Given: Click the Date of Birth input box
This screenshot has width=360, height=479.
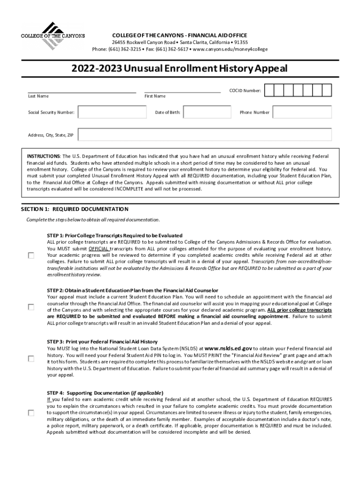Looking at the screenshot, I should [207, 112].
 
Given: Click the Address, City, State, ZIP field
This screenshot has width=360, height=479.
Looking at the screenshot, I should [205, 135].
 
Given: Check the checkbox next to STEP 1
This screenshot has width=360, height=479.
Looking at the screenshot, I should [31, 255].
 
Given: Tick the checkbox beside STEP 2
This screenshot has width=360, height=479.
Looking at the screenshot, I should [31, 307].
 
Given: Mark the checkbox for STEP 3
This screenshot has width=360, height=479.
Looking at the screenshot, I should [31, 358].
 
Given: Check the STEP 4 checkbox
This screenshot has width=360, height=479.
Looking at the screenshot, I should [31, 413].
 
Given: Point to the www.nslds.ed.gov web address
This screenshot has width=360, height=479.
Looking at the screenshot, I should [229, 348].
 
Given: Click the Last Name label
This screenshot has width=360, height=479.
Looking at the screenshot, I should [38, 96].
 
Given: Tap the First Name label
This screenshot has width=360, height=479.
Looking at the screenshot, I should [155, 96].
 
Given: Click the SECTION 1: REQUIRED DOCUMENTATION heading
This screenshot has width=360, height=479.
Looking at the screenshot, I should [75, 209].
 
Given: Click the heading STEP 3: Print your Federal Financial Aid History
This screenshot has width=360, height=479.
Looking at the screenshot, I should [102, 341].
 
